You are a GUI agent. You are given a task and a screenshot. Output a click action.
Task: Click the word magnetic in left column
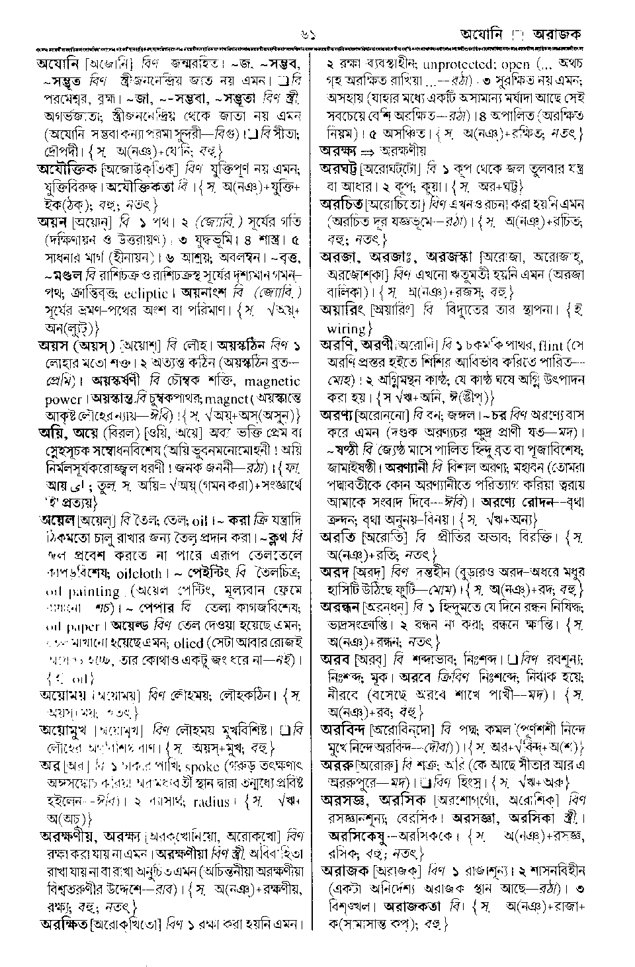[x=273, y=382]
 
